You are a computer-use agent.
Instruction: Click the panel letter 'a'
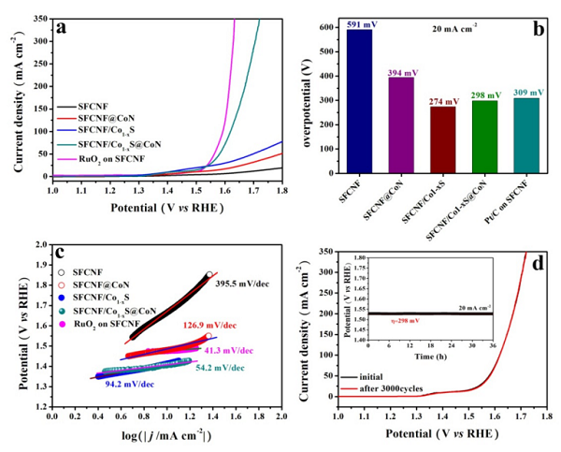(x=61, y=27)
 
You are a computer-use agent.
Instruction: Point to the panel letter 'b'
(x=539, y=27)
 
